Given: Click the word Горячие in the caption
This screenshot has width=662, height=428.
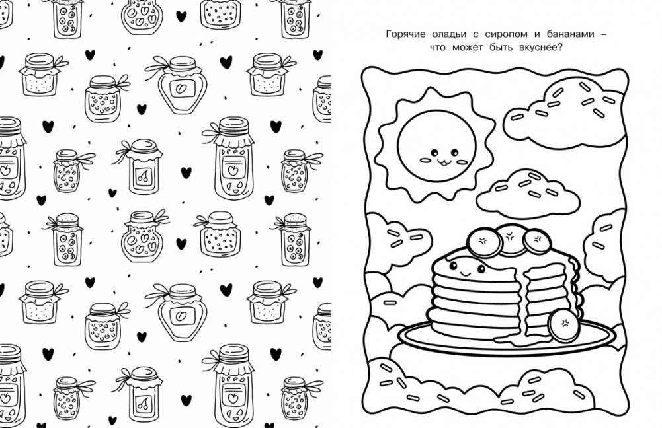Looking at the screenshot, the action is click(405, 34).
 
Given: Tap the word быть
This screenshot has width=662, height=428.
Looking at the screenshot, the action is click(501, 48).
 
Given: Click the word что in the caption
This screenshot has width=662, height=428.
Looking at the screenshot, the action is click(437, 48).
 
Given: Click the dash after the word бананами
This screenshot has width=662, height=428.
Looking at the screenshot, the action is click(603, 34).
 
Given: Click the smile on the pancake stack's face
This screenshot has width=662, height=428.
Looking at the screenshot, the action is click(466, 274).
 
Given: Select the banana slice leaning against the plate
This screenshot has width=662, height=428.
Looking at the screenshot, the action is click(563, 326).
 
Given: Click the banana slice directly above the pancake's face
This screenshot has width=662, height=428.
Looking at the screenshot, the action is click(484, 242).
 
